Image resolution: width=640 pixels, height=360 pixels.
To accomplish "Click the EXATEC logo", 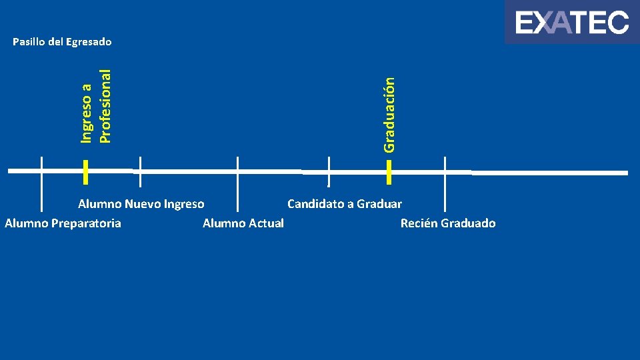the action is click(x=572, y=23).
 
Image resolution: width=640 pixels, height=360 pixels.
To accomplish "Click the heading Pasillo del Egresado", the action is click(x=63, y=42).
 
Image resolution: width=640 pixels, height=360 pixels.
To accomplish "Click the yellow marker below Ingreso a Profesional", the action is click(x=86, y=171).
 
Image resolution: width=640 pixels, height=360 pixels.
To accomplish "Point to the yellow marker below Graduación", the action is click(x=389, y=171).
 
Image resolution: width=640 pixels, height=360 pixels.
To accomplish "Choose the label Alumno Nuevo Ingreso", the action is click(x=141, y=204).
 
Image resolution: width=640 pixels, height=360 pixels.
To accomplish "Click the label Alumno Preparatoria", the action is click(x=63, y=223).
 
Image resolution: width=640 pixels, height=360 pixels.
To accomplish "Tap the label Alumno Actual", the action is click(x=243, y=223).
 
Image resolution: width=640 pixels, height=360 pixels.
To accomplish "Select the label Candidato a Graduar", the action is click(x=345, y=204).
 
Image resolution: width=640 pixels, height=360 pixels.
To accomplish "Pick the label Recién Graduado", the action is click(x=448, y=223).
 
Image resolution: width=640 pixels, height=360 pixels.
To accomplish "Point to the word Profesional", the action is click(x=104, y=98).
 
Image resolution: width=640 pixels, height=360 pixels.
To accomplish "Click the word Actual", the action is click(x=266, y=223).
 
